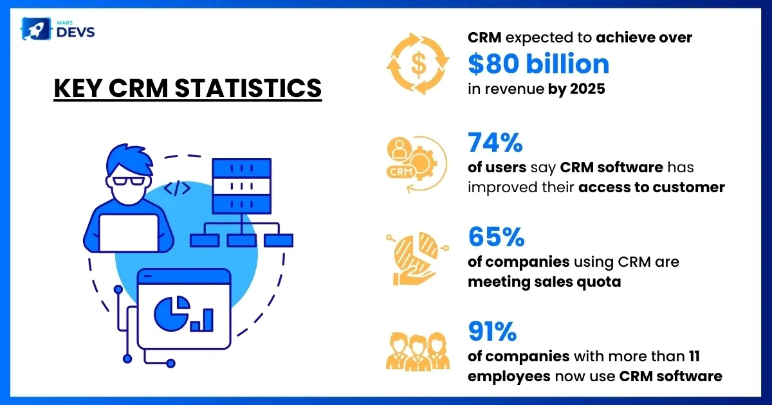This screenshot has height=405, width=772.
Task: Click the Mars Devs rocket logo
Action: pyautogui.click(x=33, y=29)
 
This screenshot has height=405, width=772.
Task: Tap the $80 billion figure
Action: pyautogui.click(x=538, y=64)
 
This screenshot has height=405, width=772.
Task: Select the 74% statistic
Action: pyautogui.click(x=495, y=143)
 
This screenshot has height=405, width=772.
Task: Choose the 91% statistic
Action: pyautogui.click(x=492, y=332)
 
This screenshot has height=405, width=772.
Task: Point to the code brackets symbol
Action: pyautogui.click(x=177, y=188)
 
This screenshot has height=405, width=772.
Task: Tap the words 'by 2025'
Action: pyautogui.click(x=576, y=89)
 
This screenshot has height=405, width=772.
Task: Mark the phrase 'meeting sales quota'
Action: pyautogui.click(x=544, y=282)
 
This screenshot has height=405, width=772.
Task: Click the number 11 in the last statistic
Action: pyautogui.click(x=694, y=355)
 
